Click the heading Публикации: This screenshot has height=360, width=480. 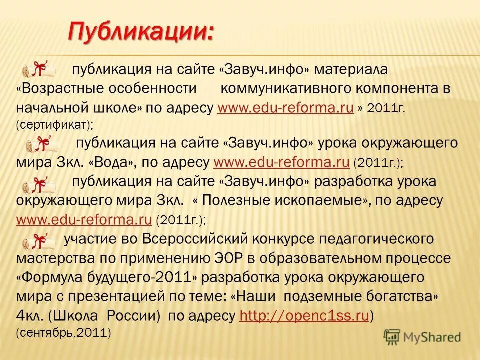141,32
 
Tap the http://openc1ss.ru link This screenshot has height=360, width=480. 304,315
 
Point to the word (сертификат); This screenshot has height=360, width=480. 55,124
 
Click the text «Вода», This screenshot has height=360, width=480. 115,162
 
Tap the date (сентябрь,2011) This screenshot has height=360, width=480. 63,332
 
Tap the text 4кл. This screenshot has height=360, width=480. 31,315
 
